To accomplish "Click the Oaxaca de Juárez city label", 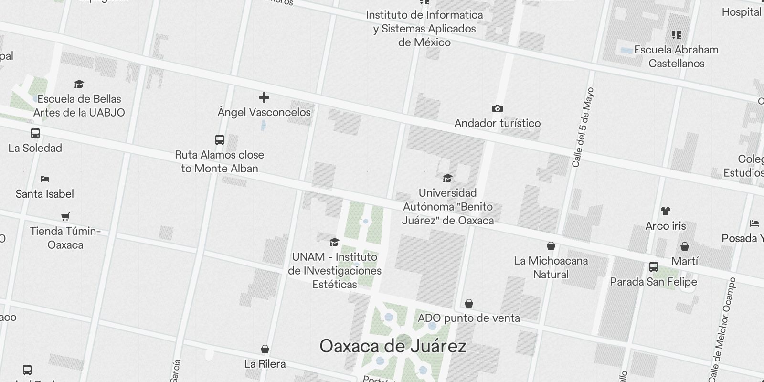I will (x=393, y=346).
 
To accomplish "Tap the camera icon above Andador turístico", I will (x=497, y=109).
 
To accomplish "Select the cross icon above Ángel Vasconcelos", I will (x=264, y=98).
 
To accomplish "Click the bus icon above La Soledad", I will (x=35, y=133).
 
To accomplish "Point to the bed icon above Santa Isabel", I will (x=45, y=179).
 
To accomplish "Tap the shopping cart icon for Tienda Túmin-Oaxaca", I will (x=65, y=216).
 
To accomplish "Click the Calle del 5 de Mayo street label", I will (x=583, y=127).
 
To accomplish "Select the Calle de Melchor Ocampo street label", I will (x=722, y=329).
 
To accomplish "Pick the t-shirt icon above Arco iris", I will (x=666, y=211).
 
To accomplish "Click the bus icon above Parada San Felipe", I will (x=653, y=267).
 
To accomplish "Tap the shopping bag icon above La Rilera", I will (x=265, y=350).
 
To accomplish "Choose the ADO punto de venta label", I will (x=469, y=318).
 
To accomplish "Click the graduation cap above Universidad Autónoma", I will (x=447, y=178).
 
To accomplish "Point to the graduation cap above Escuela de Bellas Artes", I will (x=79, y=85).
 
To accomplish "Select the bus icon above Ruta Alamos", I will (x=220, y=140).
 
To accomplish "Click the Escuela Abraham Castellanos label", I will (x=676, y=56).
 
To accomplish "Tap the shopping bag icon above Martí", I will (x=685, y=246).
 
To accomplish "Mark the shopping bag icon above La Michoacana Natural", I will (x=551, y=246).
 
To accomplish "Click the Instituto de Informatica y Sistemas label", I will (x=424, y=29).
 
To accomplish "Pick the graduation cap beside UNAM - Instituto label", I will (x=334, y=242).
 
